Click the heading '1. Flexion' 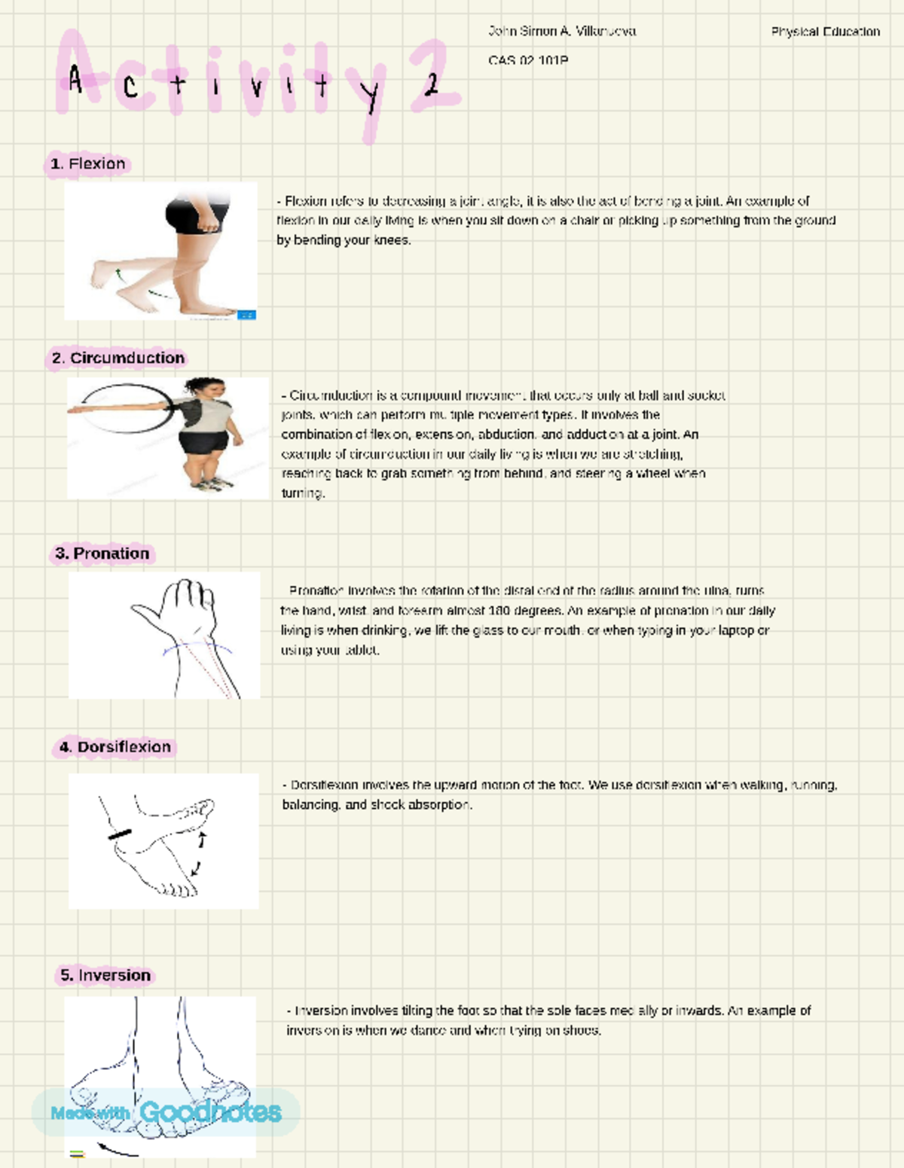pyautogui.click(x=88, y=164)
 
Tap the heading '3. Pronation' pyautogui.click(x=102, y=554)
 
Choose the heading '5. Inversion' pyautogui.click(x=105, y=975)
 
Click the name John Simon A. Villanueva pyautogui.click(x=562, y=32)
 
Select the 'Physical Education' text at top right pyautogui.click(x=825, y=32)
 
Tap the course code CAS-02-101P pyautogui.click(x=528, y=60)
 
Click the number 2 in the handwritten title pyautogui.click(x=431, y=84)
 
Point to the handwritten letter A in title pyautogui.click(x=75, y=79)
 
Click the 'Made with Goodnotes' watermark pyautogui.click(x=166, y=1112)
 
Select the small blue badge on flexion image pyautogui.click(x=246, y=315)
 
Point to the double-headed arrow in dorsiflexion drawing pyautogui.click(x=200, y=853)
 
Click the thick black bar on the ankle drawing pyautogui.click(x=119, y=834)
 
